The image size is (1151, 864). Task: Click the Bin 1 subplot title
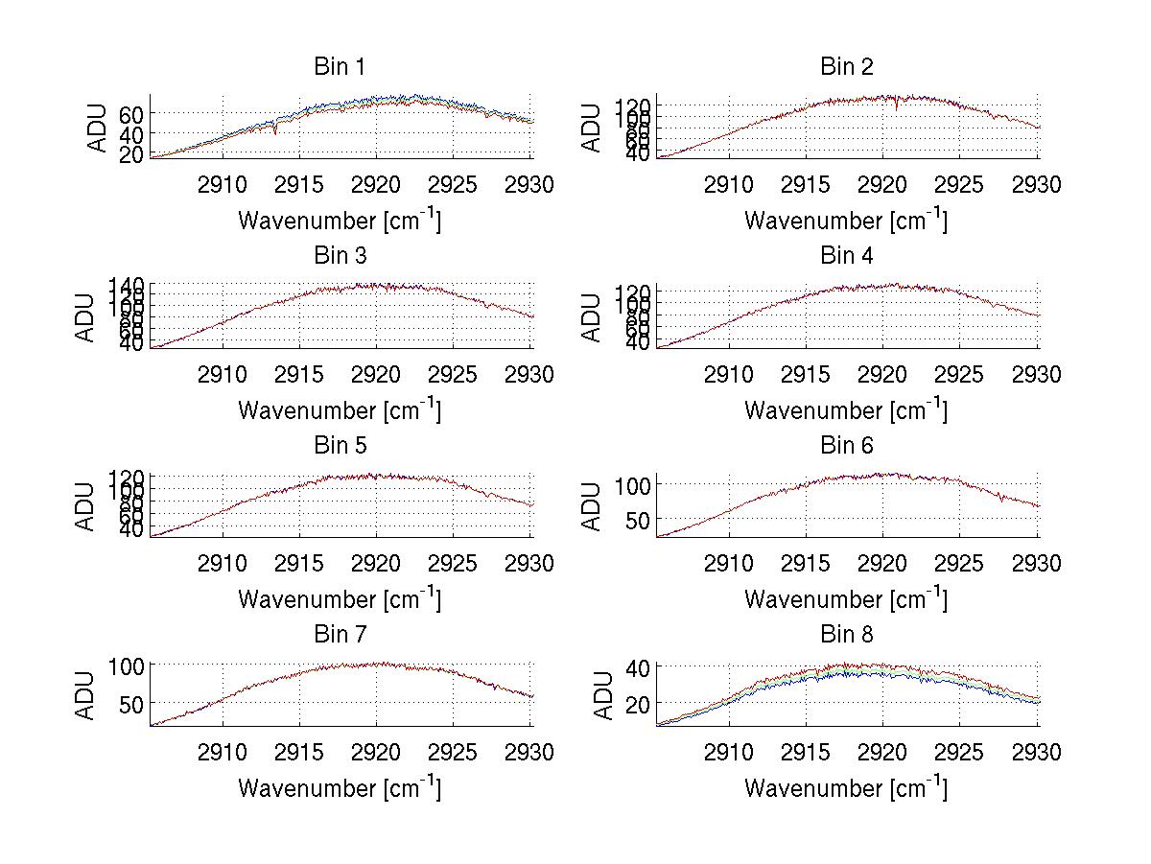click(x=340, y=67)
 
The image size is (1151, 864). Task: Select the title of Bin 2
click(x=846, y=67)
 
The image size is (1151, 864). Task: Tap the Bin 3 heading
click(x=340, y=256)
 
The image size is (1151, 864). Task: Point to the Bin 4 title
click(x=846, y=256)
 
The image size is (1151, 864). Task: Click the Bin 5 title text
click(x=340, y=446)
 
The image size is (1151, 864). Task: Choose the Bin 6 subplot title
click(x=846, y=446)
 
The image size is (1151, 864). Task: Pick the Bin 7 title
click(x=340, y=635)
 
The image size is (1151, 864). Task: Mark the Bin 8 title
click(x=846, y=635)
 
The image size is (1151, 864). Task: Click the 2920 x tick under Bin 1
click(x=377, y=184)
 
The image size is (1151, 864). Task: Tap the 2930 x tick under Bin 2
click(x=1037, y=184)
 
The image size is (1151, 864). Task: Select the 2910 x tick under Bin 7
click(x=223, y=752)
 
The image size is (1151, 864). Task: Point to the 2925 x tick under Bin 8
click(x=960, y=752)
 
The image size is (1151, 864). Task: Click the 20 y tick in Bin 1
click(x=130, y=153)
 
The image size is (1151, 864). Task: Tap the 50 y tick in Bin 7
click(x=130, y=703)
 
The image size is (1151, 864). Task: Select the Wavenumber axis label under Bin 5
click(x=340, y=599)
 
